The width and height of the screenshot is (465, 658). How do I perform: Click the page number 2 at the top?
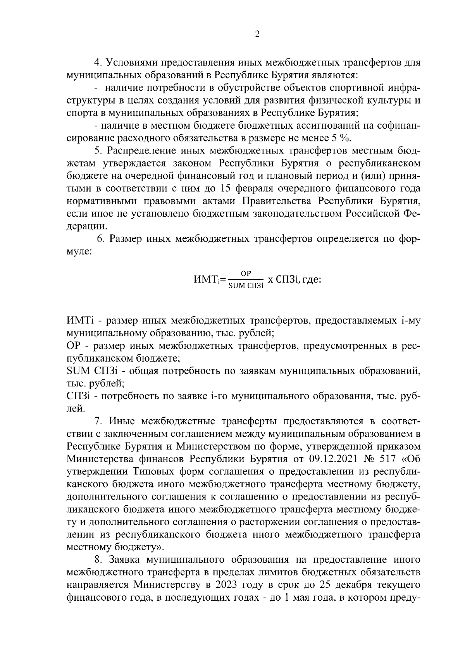click(x=257, y=34)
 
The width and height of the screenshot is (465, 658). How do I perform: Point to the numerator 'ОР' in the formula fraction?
click(x=246, y=274)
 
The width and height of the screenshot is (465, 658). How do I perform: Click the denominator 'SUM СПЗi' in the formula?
click(x=246, y=286)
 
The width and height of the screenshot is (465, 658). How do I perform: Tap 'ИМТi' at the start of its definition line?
click(x=81, y=321)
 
